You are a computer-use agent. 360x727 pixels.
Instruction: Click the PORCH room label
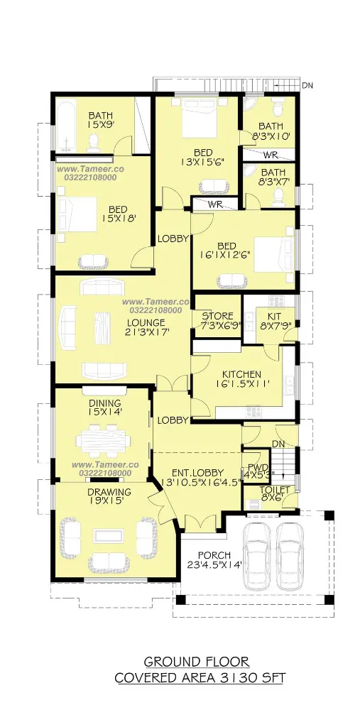click(x=214, y=555)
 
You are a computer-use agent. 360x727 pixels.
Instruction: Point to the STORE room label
click(x=217, y=317)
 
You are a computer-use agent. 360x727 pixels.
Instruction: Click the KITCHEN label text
click(x=241, y=374)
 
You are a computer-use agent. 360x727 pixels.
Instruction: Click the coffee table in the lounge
click(x=104, y=327)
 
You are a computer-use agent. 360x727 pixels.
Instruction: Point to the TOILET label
click(x=275, y=490)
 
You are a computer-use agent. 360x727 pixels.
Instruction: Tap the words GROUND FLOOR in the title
click(x=197, y=661)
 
